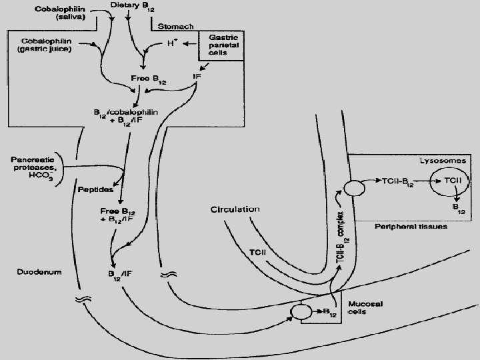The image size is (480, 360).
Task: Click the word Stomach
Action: click(176, 27)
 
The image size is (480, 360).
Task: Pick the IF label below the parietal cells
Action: click(197, 77)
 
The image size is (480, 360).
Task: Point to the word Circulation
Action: click(235, 209)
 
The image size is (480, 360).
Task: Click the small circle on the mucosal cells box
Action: click(301, 311)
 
